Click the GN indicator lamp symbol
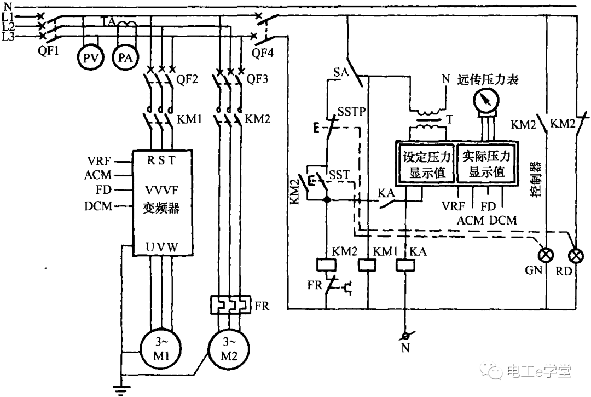pyautogui.click(x=546, y=256)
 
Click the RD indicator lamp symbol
pyautogui.click(x=576, y=256)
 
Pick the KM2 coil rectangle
pyautogui.click(x=326, y=265)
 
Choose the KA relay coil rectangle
pyautogui.click(x=405, y=265)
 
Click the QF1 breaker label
pyautogui.click(x=48, y=50)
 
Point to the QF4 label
pyautogui.click(x=262, y=53)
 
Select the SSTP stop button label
pyautogui.click(x=351, y=111)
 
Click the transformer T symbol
pyautogui.click(x=428, y=120)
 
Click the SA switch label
pyautogui.click(x=341, y=72)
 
